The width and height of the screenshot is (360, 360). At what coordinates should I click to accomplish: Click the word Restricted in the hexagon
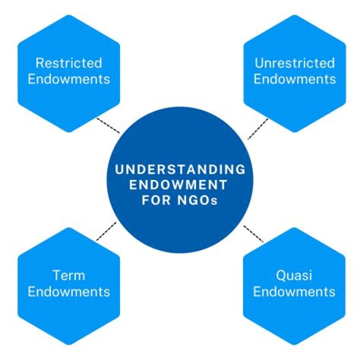[69, 63]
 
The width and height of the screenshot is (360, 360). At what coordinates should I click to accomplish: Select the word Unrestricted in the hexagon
[294, 63]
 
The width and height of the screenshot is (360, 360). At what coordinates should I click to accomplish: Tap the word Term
[69, 275]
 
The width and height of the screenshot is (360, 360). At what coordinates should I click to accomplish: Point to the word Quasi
[294, 275]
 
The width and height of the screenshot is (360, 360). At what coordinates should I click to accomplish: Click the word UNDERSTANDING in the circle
[180, 169]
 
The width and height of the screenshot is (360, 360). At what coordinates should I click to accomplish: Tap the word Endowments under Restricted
[69, 79]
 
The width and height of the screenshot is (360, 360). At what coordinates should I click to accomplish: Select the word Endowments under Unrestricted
[294, 79]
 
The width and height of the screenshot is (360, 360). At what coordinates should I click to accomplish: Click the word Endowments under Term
[69, 291]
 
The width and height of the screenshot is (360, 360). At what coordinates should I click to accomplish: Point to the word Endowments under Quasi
[294, 291]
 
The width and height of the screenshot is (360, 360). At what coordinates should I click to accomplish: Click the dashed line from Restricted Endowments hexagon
[108, 125]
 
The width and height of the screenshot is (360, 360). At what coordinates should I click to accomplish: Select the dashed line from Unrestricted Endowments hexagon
[257, 128]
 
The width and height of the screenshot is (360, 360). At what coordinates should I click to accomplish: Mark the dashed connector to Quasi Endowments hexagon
[253, 233]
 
